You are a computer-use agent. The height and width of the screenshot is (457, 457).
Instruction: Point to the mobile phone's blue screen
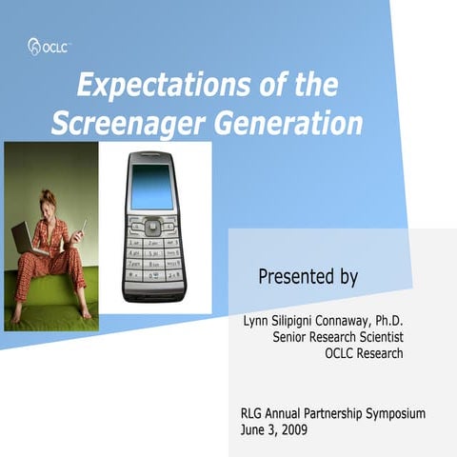[x=153, y=187]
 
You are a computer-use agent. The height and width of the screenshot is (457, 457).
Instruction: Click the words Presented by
[x=308, y=278]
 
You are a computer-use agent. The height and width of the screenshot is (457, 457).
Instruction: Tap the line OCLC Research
[x=364, y=353]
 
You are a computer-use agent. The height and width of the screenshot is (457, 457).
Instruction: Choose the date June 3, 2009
[x=274, y=429]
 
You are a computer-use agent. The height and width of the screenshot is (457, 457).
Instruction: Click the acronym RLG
[x=255, y=413]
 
